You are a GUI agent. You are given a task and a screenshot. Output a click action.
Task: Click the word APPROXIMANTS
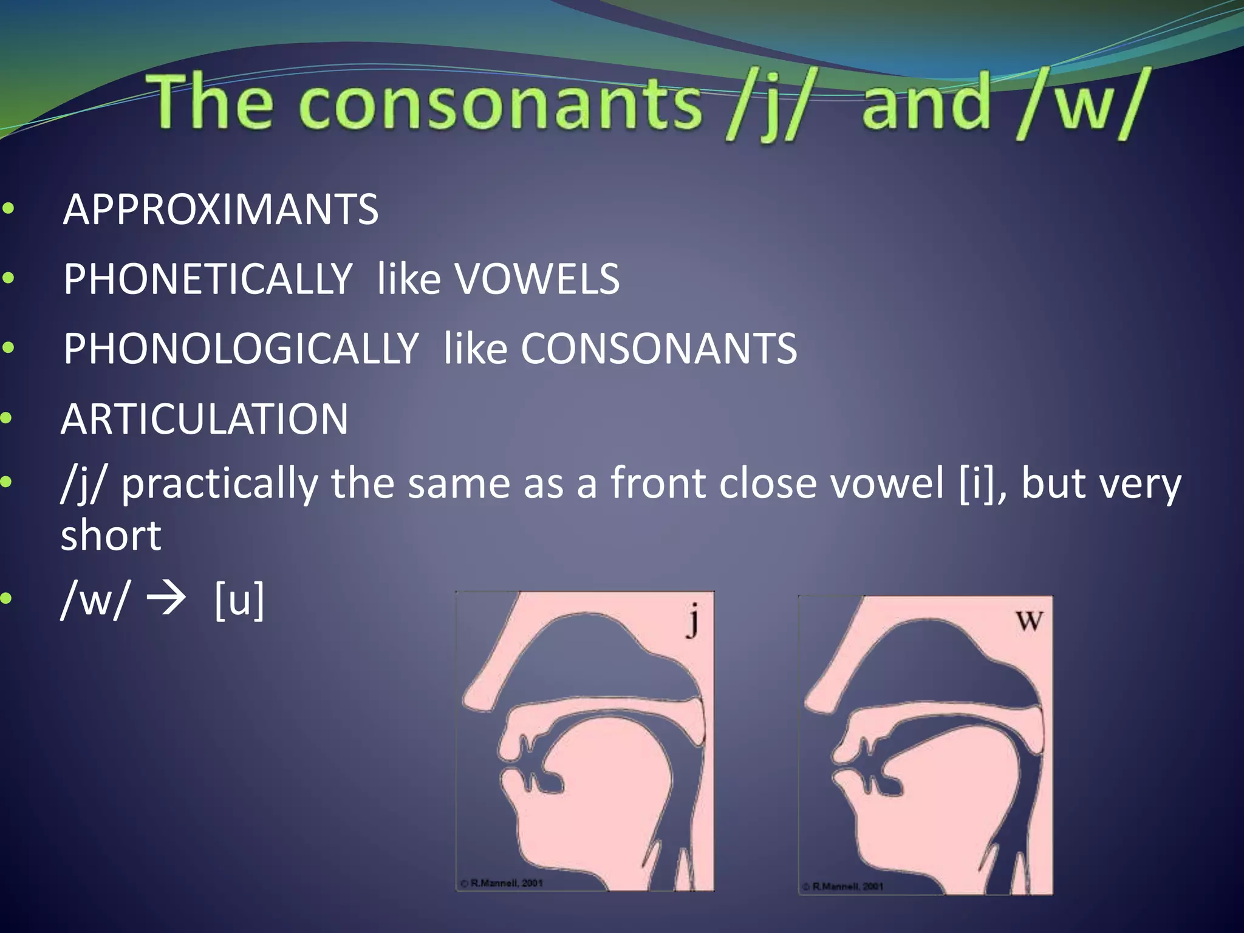coord(220,210)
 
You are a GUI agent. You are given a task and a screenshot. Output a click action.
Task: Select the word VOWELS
coord(537,279)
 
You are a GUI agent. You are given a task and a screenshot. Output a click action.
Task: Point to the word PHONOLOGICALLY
coord(241,349)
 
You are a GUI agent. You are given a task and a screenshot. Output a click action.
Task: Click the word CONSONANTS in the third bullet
coord(658,349)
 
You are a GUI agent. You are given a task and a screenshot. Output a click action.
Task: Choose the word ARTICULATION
coord(205,419)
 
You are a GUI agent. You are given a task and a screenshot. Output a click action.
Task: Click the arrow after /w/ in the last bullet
coord(166,599)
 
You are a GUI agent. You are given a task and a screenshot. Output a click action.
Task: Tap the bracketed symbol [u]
coord(239,600)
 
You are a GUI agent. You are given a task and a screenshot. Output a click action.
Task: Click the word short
coord(111,536)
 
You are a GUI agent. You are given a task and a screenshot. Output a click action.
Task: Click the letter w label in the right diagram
coord(1029,621)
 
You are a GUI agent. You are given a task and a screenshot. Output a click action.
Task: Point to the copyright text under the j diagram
coord(501,883)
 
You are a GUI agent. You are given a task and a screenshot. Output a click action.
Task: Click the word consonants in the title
coord(500,103)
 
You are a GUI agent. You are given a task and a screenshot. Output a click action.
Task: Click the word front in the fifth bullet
coord(658,484)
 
